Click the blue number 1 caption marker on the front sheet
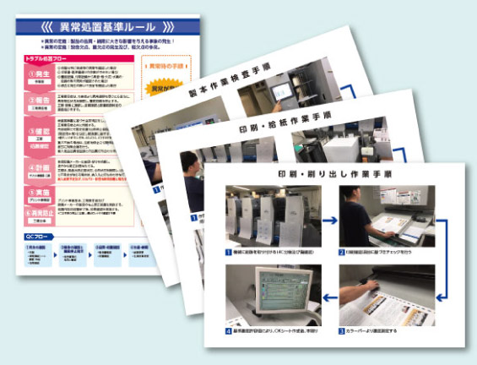click(230, 252)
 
